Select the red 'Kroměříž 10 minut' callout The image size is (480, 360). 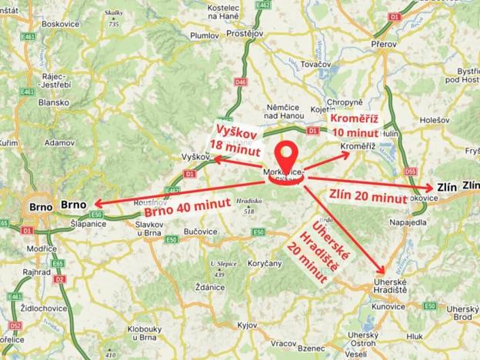[355, 125]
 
